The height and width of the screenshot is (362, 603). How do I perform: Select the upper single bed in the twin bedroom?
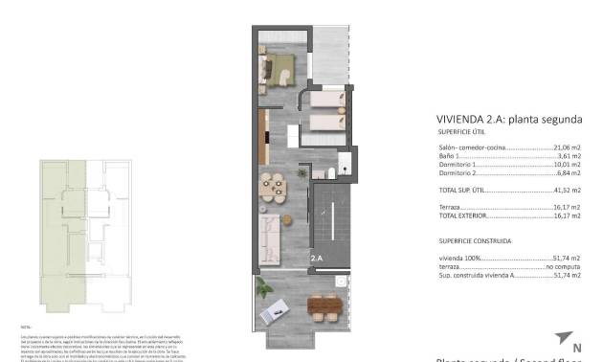325,101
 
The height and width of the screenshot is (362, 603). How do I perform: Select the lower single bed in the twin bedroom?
325,123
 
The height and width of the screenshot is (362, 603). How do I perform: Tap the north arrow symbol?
563,340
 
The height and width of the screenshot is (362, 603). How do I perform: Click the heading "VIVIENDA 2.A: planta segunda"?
508,120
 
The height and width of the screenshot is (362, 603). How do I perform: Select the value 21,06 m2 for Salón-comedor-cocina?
567,148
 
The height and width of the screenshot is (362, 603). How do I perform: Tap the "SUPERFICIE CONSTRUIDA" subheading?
475,242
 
